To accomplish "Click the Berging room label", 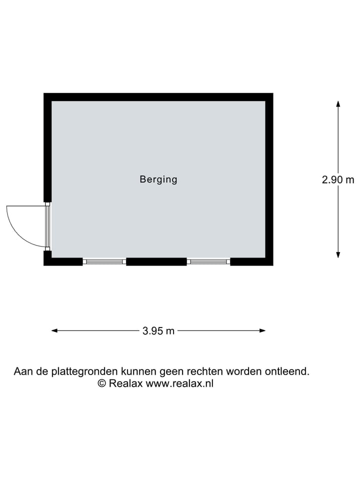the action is (158, 179).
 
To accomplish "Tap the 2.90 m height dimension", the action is (338, 179).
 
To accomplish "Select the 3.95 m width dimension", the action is (158, 330).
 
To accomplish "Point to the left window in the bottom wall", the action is (104, 261).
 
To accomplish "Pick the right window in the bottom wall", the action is (208, 261).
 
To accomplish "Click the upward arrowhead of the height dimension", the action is (338, 104).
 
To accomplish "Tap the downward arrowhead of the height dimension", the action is (338, 254).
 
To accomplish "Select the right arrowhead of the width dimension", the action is (262, 330).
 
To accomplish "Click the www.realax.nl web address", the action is (179, 383).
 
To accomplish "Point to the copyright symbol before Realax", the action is (102, 383).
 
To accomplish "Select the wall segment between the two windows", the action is (156, 261).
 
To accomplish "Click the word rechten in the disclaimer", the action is (205, 371).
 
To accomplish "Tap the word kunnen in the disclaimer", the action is (139, 371).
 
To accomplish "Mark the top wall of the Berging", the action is (158, 97).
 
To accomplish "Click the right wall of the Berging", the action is (269, 179).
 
